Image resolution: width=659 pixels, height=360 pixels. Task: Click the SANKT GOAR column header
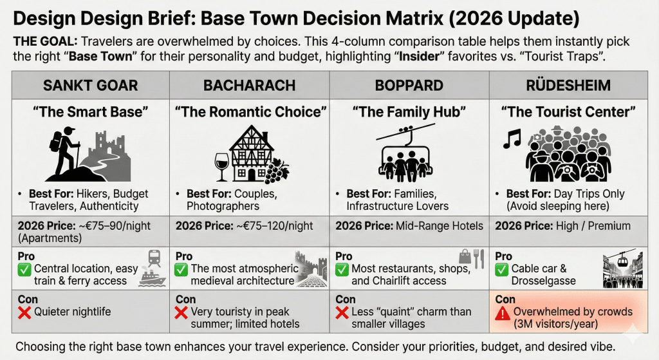(x=90, y=85)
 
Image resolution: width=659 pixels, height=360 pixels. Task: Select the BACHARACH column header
(x=250, y=85)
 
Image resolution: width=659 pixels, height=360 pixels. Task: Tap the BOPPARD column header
(x=409, y=85)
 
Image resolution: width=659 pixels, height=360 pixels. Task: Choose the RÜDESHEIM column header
(x=569, y=85)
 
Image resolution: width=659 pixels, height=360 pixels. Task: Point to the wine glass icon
(x=221, y=166)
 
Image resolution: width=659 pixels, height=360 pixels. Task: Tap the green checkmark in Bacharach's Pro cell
(x=182, y=269)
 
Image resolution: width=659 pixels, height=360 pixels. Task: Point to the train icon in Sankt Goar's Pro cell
(x=154, y=258)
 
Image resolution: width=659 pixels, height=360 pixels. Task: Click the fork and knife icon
(x=478, y=258)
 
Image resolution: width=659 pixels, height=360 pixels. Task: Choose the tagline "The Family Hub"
(x=409, y=112)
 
